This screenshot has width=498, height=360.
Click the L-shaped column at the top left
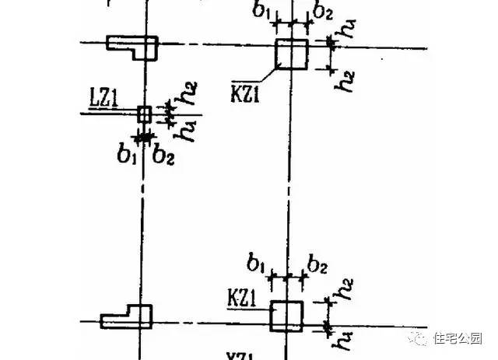point(132,47)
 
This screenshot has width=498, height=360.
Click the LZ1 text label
point(104,99)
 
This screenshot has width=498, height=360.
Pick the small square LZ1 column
point(143,114)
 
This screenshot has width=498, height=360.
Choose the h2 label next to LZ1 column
point(185,96)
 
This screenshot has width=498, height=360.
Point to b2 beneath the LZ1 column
point(163,154)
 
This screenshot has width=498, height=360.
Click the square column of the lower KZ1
point(286,316)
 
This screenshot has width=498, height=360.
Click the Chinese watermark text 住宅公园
point(460,337)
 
